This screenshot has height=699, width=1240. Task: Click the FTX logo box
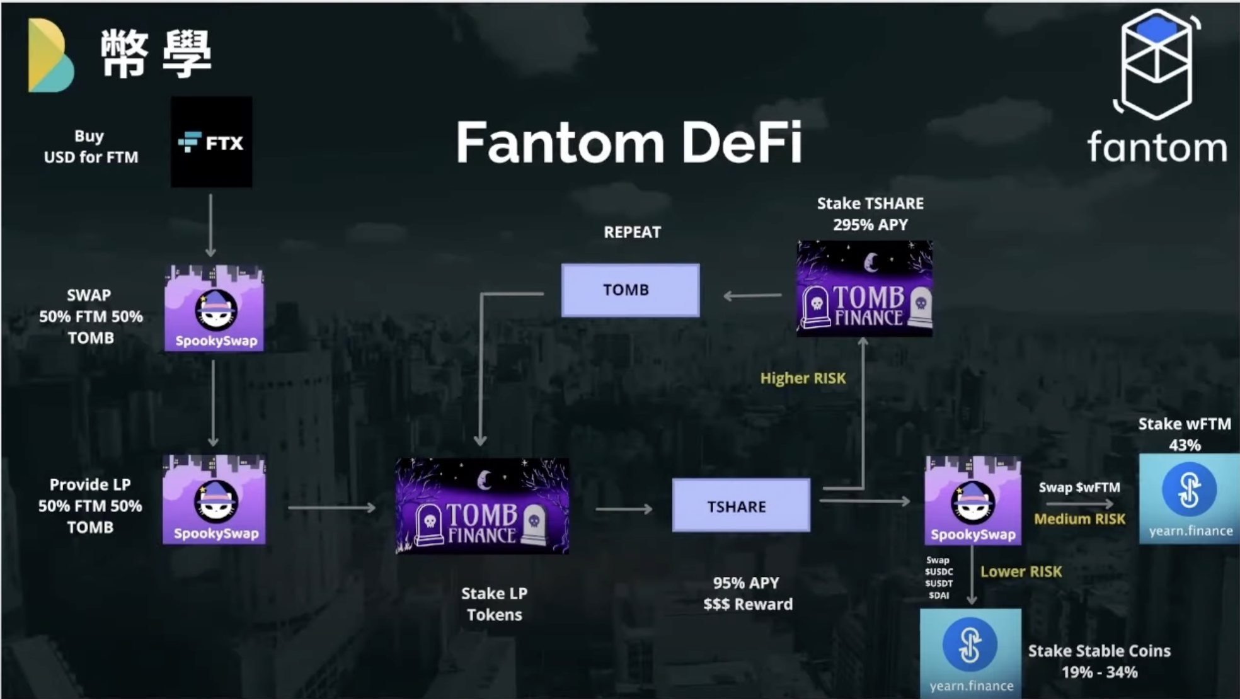(212, 142)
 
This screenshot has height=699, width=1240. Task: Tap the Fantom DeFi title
(629, 142)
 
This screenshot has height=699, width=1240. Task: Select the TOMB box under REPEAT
(630, 290)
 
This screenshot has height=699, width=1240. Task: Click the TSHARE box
(741, 506)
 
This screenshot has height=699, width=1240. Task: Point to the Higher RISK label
(803, 378)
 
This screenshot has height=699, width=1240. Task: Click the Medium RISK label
(1079, 519)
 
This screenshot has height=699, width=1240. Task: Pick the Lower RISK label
(1021, 571)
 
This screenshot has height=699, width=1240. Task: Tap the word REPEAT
(632, 232)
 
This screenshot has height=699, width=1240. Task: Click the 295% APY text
(870, 225)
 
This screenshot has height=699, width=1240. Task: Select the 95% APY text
(746, 583)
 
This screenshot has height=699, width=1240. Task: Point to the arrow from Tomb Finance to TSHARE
(623, 509)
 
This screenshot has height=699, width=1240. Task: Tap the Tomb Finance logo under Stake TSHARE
(864, 288)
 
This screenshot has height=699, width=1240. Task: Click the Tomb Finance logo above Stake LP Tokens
(482, 506)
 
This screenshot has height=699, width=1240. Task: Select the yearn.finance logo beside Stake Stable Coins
(970, 652)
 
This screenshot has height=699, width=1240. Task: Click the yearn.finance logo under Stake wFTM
(1188, 497)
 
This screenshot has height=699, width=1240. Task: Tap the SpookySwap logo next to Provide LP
(214, 500)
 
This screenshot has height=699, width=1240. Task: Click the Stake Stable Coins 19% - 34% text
(1099, 661)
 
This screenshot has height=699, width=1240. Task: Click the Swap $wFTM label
(1079, 487)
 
